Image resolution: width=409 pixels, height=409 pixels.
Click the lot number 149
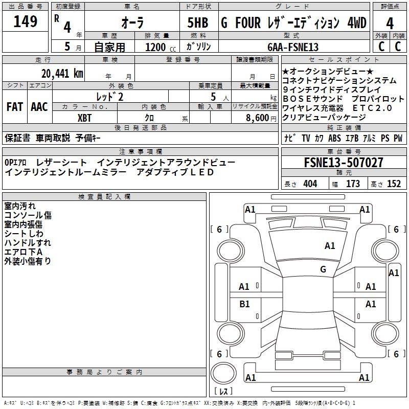(x=26, y=22)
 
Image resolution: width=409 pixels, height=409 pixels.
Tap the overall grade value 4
(x=390, y=24)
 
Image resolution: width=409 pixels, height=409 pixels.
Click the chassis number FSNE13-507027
(x=343, y=163)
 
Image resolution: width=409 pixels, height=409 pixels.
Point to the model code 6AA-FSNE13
(x=293, y=47)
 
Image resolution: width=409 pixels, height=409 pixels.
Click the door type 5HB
(x=197, y=24)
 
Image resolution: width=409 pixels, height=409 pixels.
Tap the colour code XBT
(x=85, y=117)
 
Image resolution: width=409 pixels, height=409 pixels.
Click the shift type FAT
(x=14, y=107)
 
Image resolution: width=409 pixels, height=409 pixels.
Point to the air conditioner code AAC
(x=39, y=107)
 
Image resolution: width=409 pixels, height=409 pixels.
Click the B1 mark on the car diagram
(x=244, y=304)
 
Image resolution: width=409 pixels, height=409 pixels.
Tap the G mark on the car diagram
(x=323, y=269)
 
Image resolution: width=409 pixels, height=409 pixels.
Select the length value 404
(x=310, y=184)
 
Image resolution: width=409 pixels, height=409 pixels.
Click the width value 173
(x=353, y=184)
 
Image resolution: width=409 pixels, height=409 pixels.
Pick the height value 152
(x=394, y=184)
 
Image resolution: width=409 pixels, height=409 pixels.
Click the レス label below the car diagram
(x=223, y=392)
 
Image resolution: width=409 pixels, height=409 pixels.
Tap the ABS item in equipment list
(x=334, y=138)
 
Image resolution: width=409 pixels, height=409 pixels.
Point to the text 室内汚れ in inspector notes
(x=20, y=206)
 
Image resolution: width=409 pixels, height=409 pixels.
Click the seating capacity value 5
(x=212, y=97)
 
